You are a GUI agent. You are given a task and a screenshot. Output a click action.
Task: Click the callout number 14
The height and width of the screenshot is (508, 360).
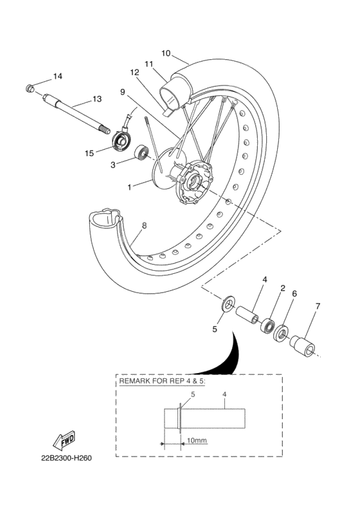pyautogui.click(x=58, y=77)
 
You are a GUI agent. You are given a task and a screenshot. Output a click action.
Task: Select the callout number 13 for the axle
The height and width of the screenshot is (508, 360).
pyautogui.click(x=96, y=99)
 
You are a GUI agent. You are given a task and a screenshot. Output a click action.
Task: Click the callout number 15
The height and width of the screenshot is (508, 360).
pyautogui.click(x=89, y=153)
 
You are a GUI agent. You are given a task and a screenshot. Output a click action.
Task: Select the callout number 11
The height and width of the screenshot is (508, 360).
pyautogui.click(x=148, y=64)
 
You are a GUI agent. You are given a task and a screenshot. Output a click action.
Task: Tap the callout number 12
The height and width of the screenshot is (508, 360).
pyautogui.click(x=134, y=73)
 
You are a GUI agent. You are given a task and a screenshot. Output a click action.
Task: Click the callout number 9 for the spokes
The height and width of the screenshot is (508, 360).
pyautogui.click(x=122, y=91)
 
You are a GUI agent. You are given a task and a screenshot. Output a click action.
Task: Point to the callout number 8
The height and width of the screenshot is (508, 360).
pyautogui.click(x=144, y=226)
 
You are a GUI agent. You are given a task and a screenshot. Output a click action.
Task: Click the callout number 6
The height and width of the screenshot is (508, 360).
pyautogui.click(x=294, y=293)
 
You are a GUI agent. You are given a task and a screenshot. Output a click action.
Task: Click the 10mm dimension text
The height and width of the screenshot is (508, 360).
pyautogui.click(x=196, y=441)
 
